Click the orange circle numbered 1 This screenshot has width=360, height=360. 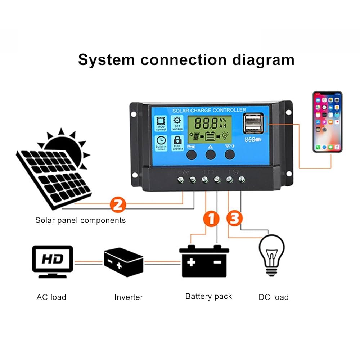point(212,219)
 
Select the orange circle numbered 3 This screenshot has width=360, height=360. point(234,219)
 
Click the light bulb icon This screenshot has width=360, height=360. point(272,255)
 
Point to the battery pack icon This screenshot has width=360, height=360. point(204,261)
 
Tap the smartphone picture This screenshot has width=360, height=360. point(327,122)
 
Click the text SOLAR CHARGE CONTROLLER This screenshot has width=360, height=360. point(209,110)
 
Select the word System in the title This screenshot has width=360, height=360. point(107,59)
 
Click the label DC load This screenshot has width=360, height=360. point(274,297)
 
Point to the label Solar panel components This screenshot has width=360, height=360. point(81,220)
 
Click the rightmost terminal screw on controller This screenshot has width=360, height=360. point(242,179)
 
